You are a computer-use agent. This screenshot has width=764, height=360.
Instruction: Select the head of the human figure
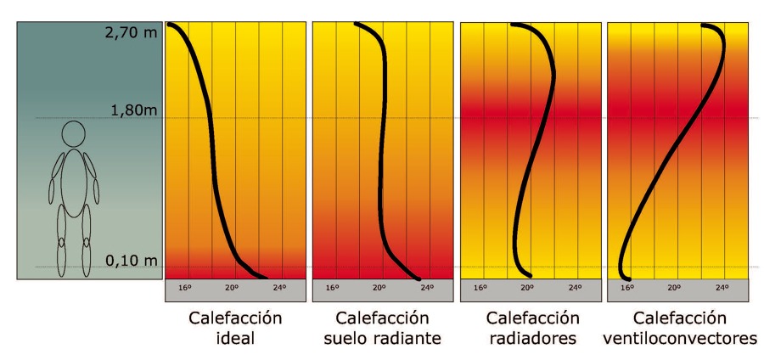click(x=74, y=134)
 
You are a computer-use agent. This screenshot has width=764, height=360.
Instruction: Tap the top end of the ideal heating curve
click(x=171, y=25)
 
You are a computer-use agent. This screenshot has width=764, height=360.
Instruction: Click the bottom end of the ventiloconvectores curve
click(x=626, y=277)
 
